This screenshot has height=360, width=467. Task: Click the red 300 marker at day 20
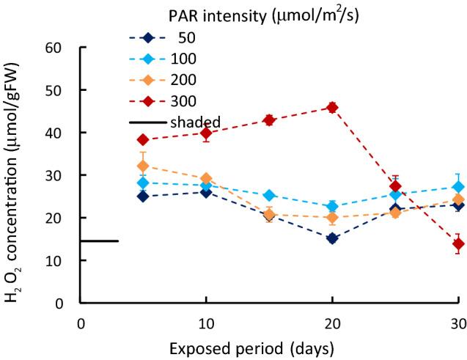tap(332, 107)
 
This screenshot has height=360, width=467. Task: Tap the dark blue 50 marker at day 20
tap(332, 238)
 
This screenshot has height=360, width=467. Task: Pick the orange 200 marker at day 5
tap(144, 166)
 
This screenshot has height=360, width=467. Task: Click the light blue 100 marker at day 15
tap(269, 196)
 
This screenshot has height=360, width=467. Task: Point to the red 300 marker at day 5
tap(144, 139)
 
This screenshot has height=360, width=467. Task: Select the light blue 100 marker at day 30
tap(457, 187)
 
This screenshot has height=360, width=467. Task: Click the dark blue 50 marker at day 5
tap(144, 196)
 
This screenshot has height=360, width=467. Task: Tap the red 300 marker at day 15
tap(269, 120)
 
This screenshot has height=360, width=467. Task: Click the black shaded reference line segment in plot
tap(99, 240)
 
